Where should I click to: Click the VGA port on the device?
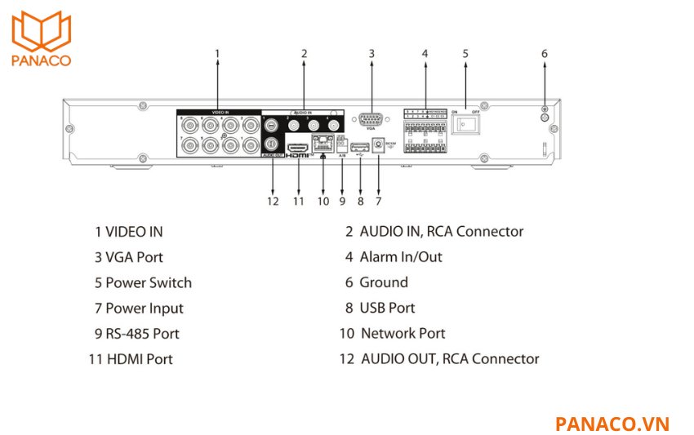point(371,118)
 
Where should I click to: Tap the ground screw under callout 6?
point(545,115)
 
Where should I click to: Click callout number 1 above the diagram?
point(217,54)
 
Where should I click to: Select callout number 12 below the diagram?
point(272,201)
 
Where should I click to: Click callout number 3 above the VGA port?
point(371,54)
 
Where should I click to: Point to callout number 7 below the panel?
point(379,201)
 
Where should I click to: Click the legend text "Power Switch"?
point(149,283)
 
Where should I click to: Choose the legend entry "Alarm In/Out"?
point(400,257)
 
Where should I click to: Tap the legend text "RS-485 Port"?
point(142,334)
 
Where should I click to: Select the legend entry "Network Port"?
point(403,333)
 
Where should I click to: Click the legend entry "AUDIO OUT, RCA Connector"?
point(449,358)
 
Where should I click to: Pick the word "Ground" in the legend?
point(383,282)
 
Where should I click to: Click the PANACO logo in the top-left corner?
point(41,37)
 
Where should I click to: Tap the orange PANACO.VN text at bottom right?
point(612,424)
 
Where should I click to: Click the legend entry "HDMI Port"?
point(139,358)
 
